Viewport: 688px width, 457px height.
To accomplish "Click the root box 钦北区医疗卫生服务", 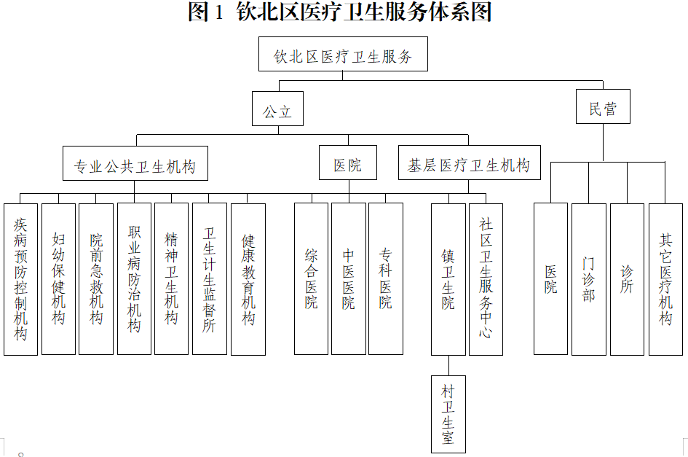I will pos(343,55).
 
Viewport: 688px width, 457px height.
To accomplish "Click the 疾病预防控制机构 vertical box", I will pos(20,279).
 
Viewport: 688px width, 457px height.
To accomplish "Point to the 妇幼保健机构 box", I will pos(58,279).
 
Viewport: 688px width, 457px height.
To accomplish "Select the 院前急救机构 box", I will pos(96,279).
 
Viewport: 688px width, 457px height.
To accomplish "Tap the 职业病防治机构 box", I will pos(134,279).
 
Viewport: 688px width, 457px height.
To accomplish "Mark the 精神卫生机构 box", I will pos(172,279).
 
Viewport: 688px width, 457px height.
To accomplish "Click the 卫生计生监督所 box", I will pos(210,279).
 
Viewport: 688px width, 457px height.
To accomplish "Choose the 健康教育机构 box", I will pos(248,279).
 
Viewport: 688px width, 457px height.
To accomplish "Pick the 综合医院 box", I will pos(312,279).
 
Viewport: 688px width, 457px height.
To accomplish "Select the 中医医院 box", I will pos(349,279).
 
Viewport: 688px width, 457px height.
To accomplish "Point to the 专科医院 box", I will pos(386,279).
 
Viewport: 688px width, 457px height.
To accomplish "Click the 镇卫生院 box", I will pos(448,279).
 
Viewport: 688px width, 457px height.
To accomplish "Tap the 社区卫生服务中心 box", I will pos(486,279).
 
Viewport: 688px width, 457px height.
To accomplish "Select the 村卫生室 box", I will pos(448,414).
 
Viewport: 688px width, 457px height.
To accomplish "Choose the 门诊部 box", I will pos(589,279).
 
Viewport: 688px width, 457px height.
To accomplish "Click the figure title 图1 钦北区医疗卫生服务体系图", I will pos(340,12).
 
